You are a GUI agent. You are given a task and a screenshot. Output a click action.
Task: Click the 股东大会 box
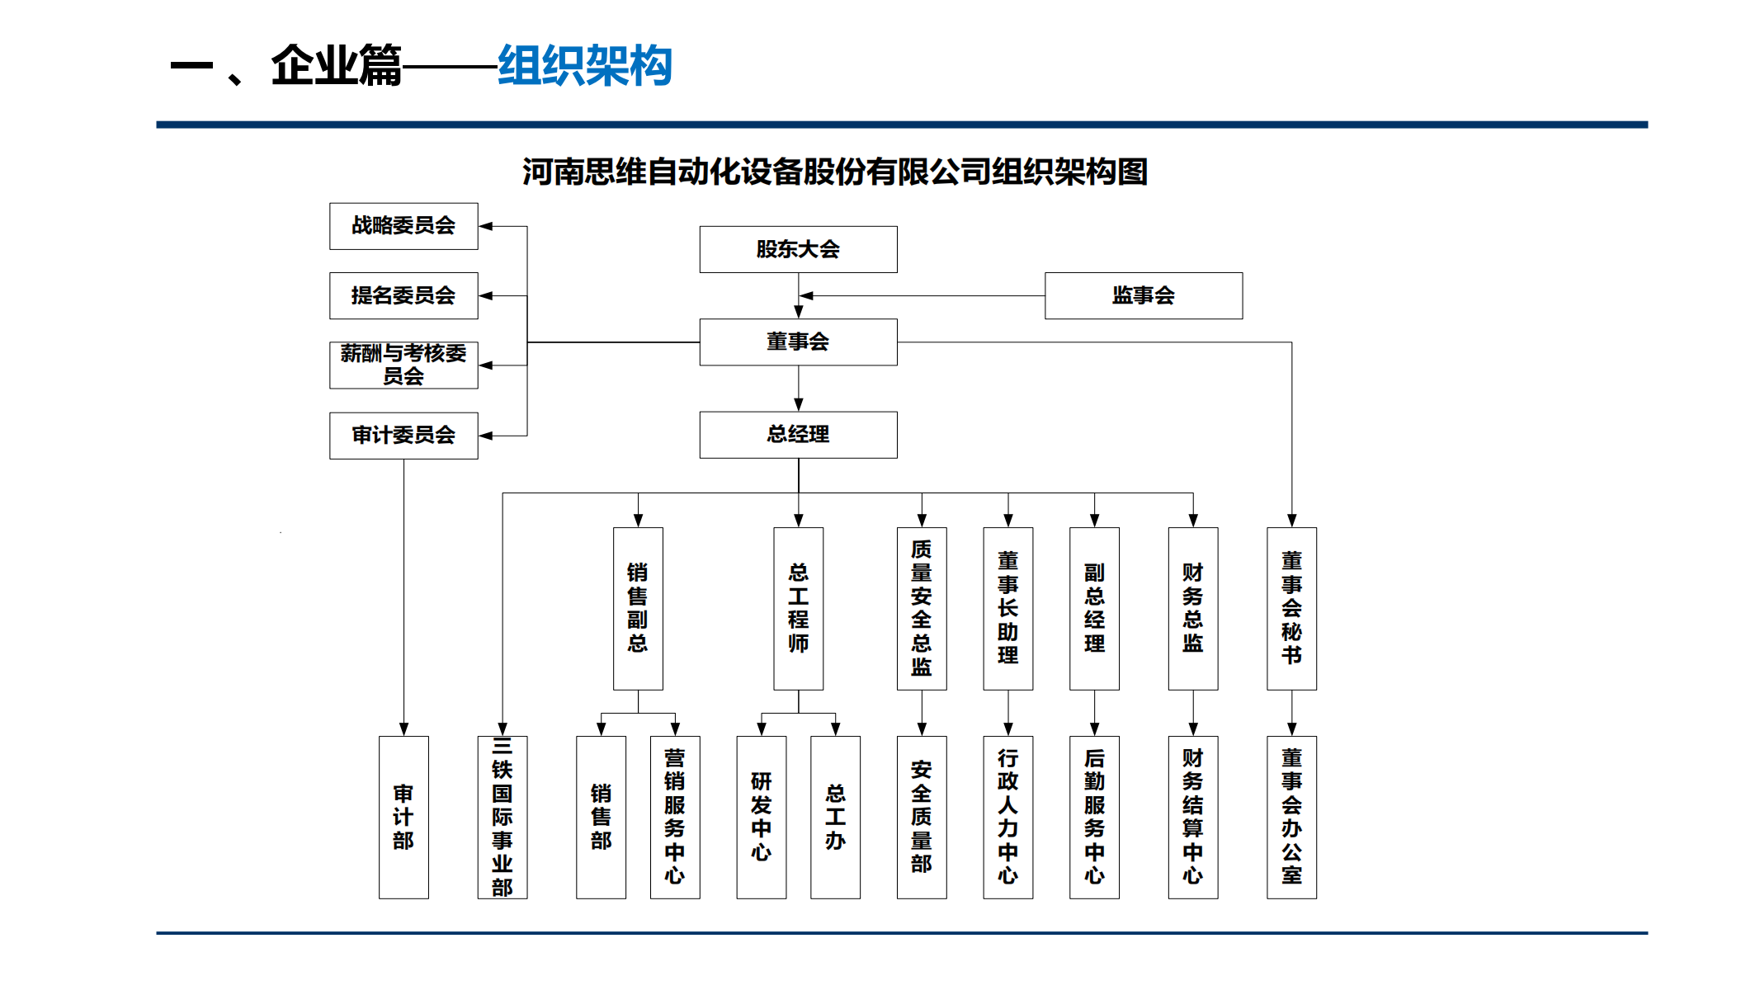[x=798, y=249]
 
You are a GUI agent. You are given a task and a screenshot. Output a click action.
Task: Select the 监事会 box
[x=1144, y=295]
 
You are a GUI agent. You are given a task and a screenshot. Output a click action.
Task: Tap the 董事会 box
[x=798, y=342]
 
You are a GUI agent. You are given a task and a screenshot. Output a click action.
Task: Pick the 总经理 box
[x=798, y=435]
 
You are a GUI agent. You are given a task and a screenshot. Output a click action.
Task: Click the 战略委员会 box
[x=403, y=226]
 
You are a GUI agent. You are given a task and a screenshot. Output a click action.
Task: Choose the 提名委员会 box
[x=403, y=295]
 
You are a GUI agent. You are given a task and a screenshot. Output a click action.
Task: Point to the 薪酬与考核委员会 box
[x=403, y=365]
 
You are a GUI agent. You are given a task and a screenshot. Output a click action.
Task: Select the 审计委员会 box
[x=403, y=436]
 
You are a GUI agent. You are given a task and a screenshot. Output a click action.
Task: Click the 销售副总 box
[x=638, y=609]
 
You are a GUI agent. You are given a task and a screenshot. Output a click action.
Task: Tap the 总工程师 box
[x=798, y=609]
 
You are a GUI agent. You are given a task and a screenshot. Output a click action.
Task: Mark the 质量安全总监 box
[x=922, y=609]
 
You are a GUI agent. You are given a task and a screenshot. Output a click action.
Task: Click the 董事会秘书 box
[x=1291, y=609]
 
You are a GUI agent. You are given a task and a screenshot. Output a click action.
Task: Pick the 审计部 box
[x=403, y=818]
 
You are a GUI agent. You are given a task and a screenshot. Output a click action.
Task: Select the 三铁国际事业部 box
[x=503, y=818]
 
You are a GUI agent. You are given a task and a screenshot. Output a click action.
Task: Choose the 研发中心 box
[x=762, y=818]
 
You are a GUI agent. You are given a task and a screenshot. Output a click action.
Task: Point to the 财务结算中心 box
[x=1193, y=818]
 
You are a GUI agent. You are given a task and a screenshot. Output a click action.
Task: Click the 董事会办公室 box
[x=1291, y=818]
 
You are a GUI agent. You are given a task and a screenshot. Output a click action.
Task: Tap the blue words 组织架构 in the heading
[x=585, y=66]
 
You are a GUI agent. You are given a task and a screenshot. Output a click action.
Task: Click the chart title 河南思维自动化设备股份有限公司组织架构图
[x=834, y=172]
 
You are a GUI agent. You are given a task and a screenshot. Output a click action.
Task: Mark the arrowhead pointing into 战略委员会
[x=486, y=226]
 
